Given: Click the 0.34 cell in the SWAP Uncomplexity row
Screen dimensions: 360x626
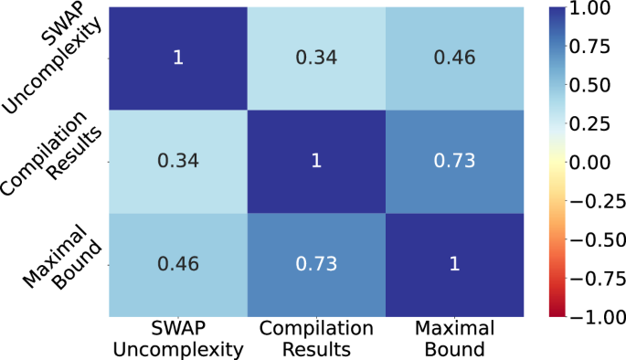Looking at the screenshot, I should (x=316, y=58).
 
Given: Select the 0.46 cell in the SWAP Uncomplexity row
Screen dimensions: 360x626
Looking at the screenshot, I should (x=454, y=58).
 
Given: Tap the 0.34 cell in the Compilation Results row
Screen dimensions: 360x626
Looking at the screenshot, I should (x=177, y=161).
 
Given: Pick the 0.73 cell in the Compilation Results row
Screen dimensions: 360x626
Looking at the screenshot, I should (x=454, y=161).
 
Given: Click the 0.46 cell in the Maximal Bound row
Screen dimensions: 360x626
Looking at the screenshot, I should (x=177, y=264).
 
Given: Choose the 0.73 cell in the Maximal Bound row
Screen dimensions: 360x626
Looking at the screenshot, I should (x=316, y=264).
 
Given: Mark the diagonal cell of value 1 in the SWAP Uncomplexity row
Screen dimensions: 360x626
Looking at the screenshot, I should (x=177, y=58).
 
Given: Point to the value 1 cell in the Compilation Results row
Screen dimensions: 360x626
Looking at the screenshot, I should (x=316, y=161).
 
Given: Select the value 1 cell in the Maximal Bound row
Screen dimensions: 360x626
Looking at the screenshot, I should (x=454, y=264).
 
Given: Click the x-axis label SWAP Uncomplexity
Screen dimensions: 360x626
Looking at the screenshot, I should (x=177, y=338).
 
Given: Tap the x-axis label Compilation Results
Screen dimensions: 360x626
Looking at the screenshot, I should (x=316, y=338).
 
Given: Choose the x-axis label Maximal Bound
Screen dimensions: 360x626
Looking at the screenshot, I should (x=454, y=338).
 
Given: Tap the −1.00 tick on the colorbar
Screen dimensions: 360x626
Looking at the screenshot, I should (x=596, y=315).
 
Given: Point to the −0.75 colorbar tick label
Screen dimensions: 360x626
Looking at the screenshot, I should (x=596, y=277).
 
